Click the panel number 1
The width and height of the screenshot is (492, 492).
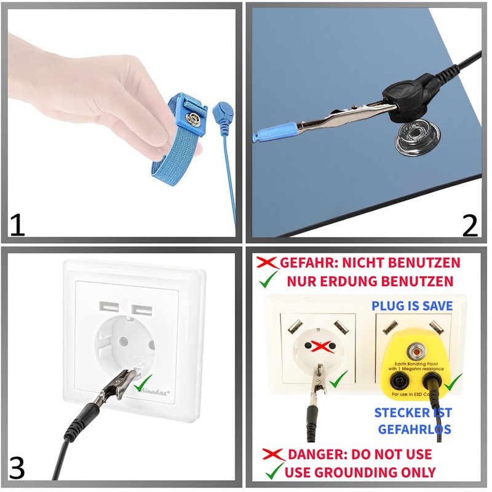[x=17, y=224]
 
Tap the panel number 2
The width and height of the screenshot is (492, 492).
[x=469, y=225]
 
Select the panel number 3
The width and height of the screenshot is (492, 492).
[x=17, y=467]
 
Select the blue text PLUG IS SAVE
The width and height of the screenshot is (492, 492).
[x=412, y=306]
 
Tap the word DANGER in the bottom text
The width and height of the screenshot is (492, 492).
[x=315, y=455]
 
